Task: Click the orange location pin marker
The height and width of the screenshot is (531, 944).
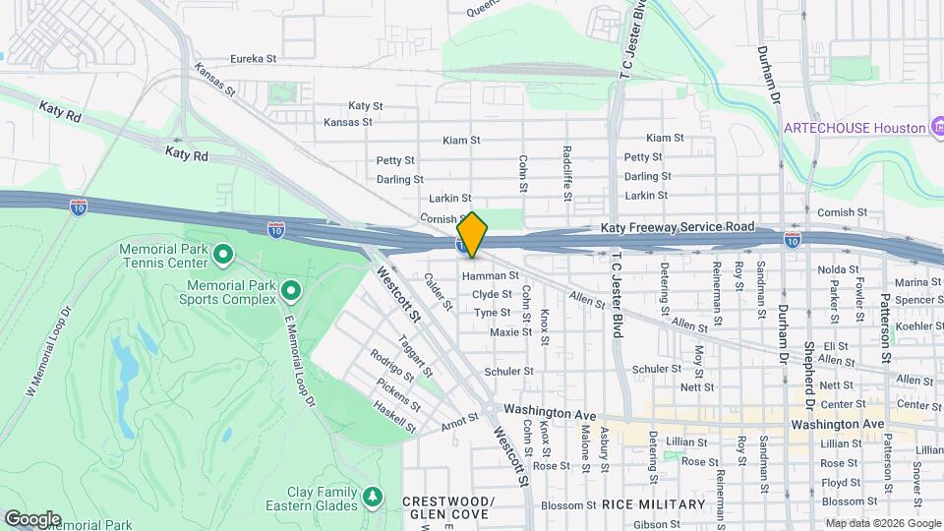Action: pyautogui.click(x=472, y=234)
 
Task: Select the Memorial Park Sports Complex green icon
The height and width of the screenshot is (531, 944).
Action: pyautogui.click(x=291, y=291)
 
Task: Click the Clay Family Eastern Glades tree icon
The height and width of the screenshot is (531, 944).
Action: pyautogui.click(x=372, y=495)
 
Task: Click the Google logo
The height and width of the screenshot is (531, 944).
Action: pyautogui.click(x=32, y=519)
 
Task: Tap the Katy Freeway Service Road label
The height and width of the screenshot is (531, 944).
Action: pyautogui.click(x=678, y=227)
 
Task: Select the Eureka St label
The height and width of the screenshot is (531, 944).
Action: pyautogui.click(x=253, y=59)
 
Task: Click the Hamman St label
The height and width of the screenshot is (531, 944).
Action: pyautogui.click(x=489, y=276)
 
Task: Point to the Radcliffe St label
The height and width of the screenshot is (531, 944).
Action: pyautogui.click(x=567, y=174)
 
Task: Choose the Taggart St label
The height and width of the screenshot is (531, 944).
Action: pyautogui.click(x=417, y=356)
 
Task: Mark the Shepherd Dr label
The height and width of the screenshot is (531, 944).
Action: pyautogui.click(x=809, y=378)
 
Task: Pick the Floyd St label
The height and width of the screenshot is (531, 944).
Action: pyautogui.click(x=841, y=482)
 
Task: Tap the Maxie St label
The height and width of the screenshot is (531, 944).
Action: pyautogui.click(x=510, y=331)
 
